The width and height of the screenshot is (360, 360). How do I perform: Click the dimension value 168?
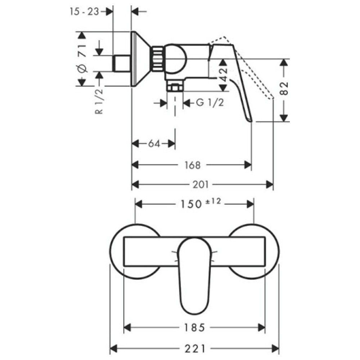coord(192,165)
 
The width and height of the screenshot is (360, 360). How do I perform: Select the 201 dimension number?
coord(201,184)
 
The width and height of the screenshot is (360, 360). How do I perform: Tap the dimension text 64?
coord(154,144)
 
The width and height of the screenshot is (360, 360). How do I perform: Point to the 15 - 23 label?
coord(85,12)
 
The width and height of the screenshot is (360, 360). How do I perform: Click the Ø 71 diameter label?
coord(82,59)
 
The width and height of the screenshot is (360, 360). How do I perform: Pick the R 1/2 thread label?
coord(99,101)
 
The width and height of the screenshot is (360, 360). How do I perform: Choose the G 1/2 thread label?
coord(210,102)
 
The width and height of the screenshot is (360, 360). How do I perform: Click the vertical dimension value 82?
coord(284,88)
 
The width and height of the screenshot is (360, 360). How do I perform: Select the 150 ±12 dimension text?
coord(201,203)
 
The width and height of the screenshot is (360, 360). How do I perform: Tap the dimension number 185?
coord(194,328)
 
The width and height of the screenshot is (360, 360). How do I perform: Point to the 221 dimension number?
coord(195,349)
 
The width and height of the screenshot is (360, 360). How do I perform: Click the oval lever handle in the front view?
coord(195,275)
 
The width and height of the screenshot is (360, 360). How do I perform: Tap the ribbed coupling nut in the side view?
coord(157,59)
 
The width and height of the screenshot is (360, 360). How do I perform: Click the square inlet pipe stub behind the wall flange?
coord(122,64)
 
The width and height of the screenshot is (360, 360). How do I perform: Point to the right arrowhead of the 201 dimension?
coord(270,184)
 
